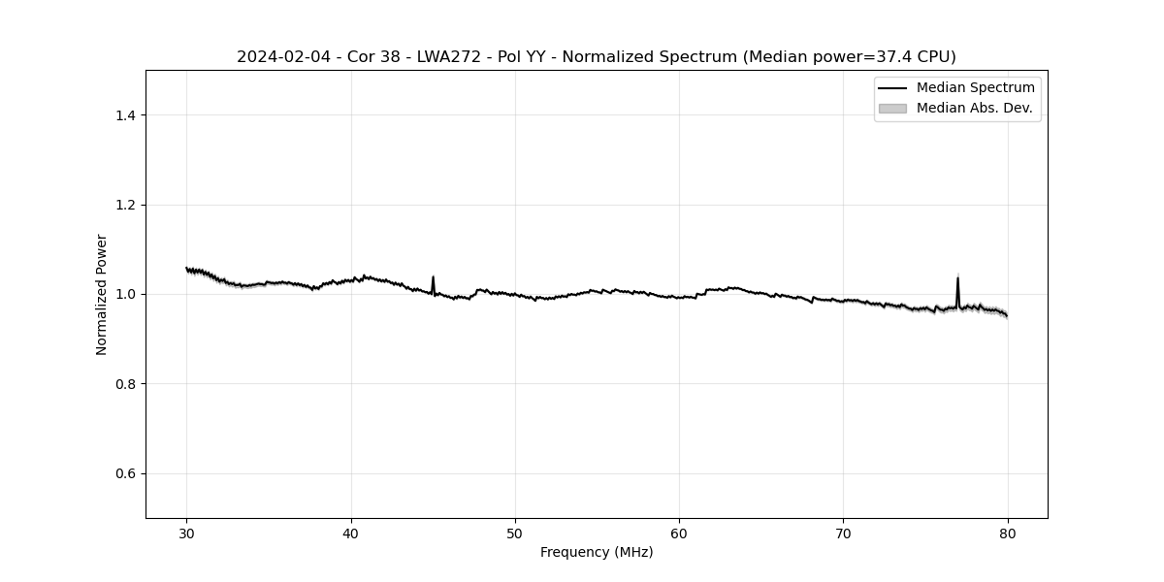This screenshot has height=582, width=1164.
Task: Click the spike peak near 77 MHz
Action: (x=957, y=278)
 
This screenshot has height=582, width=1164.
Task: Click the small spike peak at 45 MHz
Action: (x=433, y=276)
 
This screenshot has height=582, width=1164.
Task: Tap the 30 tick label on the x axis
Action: (x=187, y=533)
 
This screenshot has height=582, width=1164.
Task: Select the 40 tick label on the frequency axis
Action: (x=351, y=533)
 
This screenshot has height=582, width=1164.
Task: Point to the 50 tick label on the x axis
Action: (x=515, y=533)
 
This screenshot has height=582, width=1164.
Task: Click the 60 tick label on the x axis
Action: (x=679, y=533)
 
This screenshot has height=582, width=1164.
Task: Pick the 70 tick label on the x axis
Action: (x=844, y=533)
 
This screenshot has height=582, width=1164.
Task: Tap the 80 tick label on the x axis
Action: (x=1008, y=533)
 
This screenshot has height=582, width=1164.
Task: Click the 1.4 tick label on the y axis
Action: (x=125, y=115)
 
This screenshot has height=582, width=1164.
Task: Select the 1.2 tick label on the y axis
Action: (x=125, y=205)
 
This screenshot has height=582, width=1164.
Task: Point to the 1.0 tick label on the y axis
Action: (x=125, y=294)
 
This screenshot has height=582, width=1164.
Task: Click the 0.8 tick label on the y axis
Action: (x=125, y=384)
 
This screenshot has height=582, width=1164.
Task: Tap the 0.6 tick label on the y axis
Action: (x=125, y=473)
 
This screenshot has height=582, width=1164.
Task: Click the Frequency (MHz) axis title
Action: (x=597, y=552)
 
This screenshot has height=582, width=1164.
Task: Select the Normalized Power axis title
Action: (x=102, y=294)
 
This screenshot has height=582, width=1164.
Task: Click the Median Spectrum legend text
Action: (x=975, y=88)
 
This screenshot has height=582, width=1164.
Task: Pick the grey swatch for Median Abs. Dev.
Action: (x=892, y=109)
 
